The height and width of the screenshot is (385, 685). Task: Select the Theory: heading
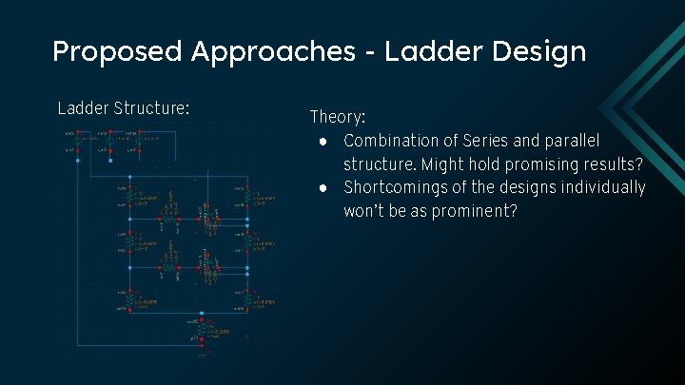click(x=338, y=117)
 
